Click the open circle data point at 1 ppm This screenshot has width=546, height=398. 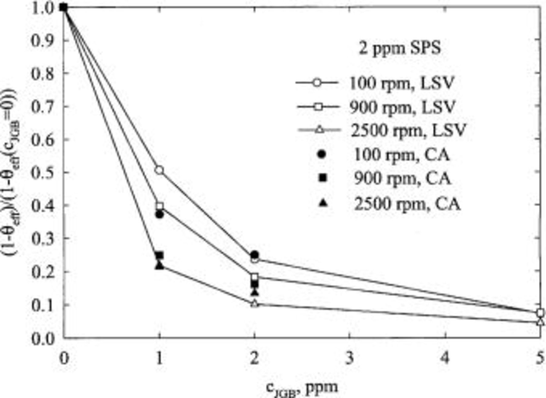[x=159, y=170]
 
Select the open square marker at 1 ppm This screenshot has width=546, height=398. [x=160, y=206]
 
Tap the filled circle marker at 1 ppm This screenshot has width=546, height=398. [x=160, y=215]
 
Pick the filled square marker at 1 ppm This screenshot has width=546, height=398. [x=160, y=256]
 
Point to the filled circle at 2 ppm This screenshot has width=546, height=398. [x=255, y=255]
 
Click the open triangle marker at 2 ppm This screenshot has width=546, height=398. [x=255, y=303]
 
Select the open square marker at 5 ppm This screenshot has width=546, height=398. [x=540, y=313]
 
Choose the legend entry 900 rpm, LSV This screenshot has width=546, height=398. [x=376, y=107]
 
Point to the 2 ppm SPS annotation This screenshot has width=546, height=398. [x=399, y=48]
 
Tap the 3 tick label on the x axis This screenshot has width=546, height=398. [x=350, y=359]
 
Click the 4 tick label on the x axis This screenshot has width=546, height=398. [x=445, y=359]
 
